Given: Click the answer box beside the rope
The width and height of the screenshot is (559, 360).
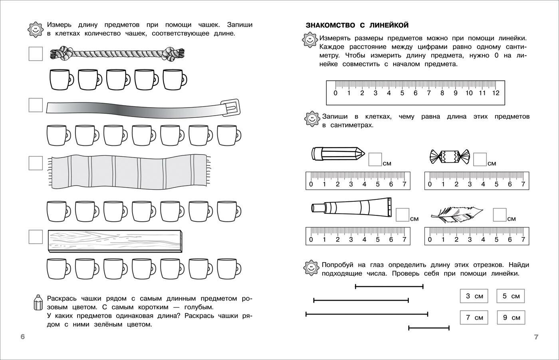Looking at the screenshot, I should click(x=36, y=54).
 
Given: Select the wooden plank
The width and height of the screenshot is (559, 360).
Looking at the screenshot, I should click(x=115, y=241).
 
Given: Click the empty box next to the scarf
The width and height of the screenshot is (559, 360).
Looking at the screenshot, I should click(x=36, y=163).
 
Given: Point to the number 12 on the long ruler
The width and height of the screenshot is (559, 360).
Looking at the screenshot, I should click(x=496, y=93).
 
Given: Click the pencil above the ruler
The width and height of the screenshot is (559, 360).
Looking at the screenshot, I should click(x=338, y=153).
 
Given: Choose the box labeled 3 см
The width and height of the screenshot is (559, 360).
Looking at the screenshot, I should click(x=474, y=296).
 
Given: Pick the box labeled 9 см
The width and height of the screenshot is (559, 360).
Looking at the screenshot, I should click(x=511, y=318).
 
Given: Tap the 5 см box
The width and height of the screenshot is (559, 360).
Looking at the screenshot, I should click(x=511, y=296).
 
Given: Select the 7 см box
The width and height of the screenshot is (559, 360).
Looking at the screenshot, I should click(x=474, y=318).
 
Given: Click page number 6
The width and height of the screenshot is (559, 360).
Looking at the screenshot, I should click(x=23, y=337).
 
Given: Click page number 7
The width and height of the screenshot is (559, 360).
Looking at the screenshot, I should click(x=536, y=337).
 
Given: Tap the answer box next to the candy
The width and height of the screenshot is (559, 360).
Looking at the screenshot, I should click(x=480, y=159).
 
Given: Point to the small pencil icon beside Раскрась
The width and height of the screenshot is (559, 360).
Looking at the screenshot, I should click(x=38, y=302).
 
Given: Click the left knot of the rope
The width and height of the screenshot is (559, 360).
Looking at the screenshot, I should click(x=63, y=53).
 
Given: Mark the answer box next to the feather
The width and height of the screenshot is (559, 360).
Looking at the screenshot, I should click(x=500, y=215).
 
